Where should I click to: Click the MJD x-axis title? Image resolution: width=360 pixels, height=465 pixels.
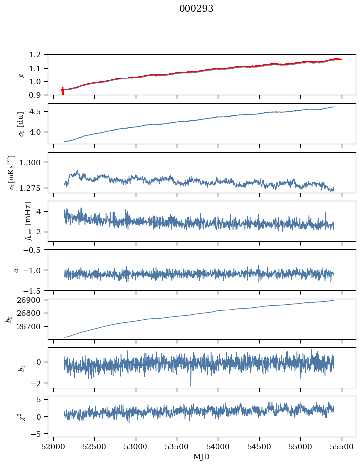202,457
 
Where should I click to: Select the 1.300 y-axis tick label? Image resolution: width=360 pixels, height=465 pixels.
34,162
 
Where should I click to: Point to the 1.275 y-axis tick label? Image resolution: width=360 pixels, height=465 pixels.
34,188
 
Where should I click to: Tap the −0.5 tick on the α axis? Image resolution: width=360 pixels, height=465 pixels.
36,250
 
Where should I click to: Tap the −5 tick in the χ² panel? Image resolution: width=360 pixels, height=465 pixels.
38,434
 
